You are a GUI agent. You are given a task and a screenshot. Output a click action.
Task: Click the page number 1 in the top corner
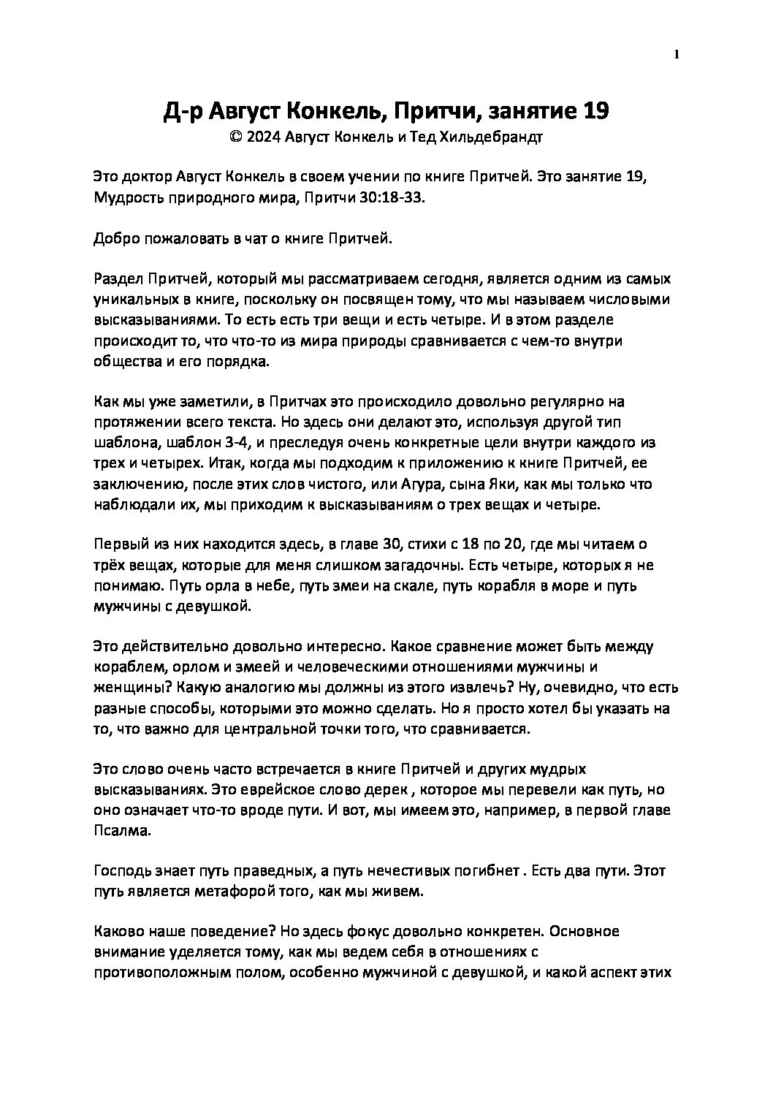677,53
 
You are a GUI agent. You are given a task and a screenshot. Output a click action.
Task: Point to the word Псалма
119,831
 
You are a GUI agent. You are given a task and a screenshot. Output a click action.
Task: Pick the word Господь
119,871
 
